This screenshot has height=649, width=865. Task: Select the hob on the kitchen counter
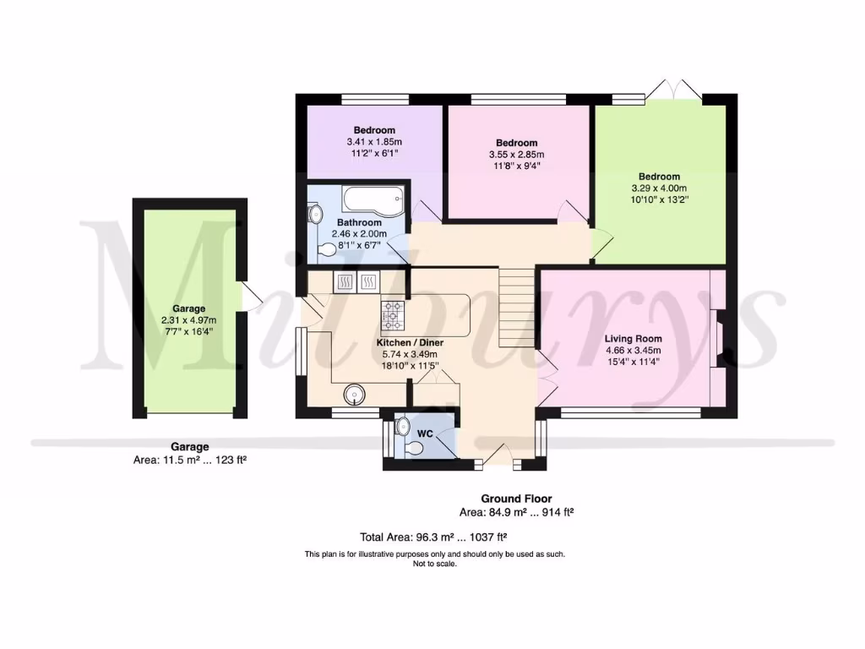[x=394, y=315]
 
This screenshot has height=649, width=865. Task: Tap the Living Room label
[x=632, y=338]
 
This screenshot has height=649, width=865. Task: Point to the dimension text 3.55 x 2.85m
[x=516, y=155]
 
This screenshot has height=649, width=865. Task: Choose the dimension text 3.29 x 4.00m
[x=659, y=188]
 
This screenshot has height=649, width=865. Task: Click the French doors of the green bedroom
[x=679, y=90]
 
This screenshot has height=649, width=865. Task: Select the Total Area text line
[x=433, y=537]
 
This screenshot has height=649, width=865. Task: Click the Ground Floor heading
[x=516, y=499]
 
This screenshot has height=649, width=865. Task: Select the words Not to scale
[x=434, y=564]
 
